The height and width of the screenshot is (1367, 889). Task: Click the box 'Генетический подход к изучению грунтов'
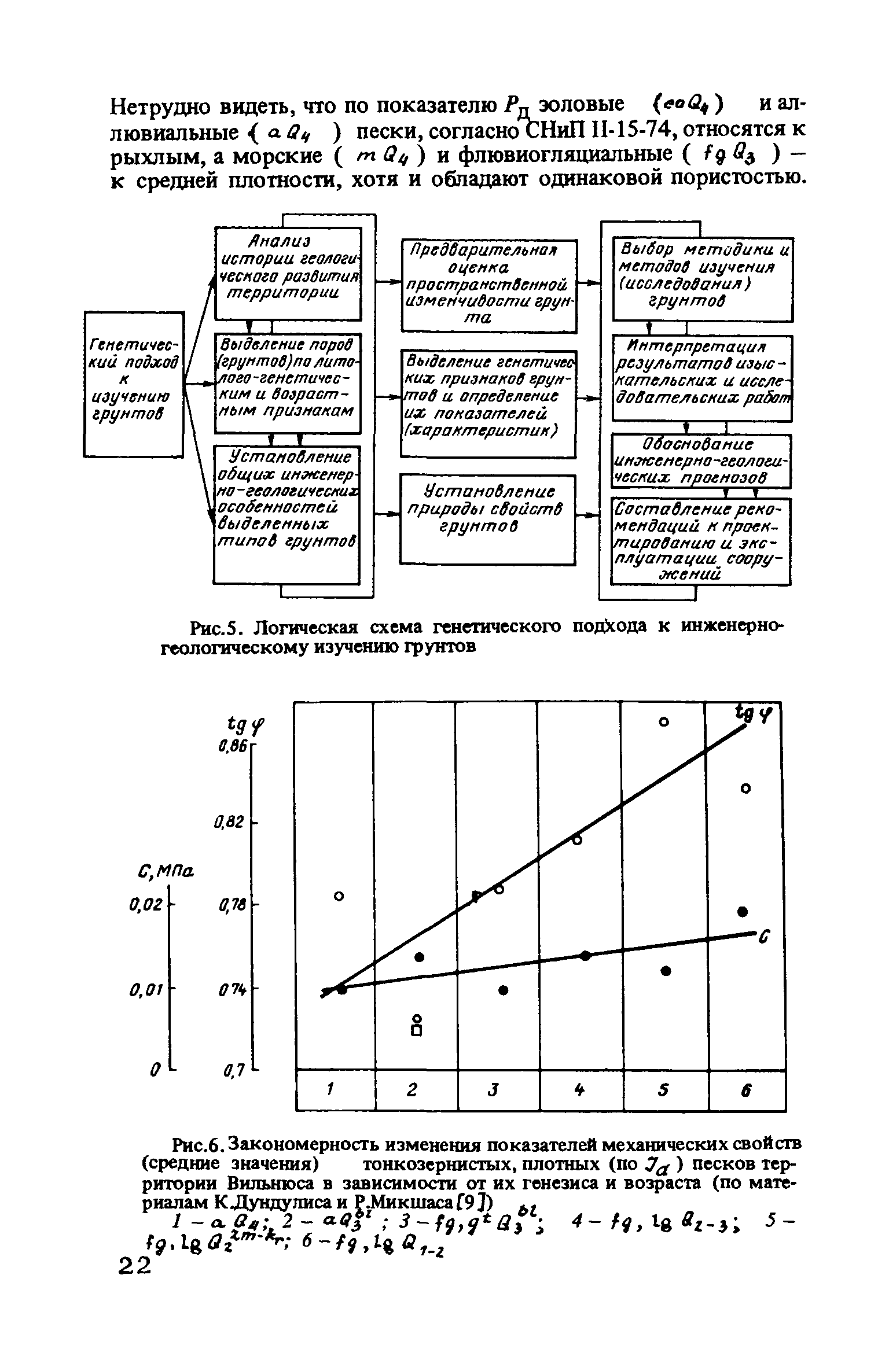[134, 384]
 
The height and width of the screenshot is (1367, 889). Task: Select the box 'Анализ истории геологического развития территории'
[288, 273]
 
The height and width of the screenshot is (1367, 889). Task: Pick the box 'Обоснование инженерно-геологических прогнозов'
[701, 461]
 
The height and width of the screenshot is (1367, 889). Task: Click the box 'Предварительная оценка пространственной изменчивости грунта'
[489, 286]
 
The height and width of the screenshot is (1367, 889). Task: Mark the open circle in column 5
[664, 723]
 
